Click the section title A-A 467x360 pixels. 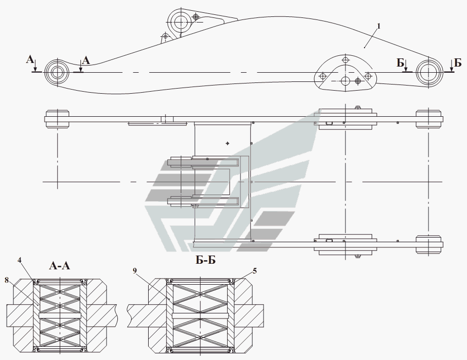(60, 265)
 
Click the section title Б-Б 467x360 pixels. (205, 261)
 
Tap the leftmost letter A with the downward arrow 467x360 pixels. (30, 61)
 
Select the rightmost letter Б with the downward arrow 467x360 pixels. (457, 62)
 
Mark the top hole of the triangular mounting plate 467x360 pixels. (346, 61)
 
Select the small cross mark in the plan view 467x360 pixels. (227, 143)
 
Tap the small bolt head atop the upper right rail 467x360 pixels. (357, 108)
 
